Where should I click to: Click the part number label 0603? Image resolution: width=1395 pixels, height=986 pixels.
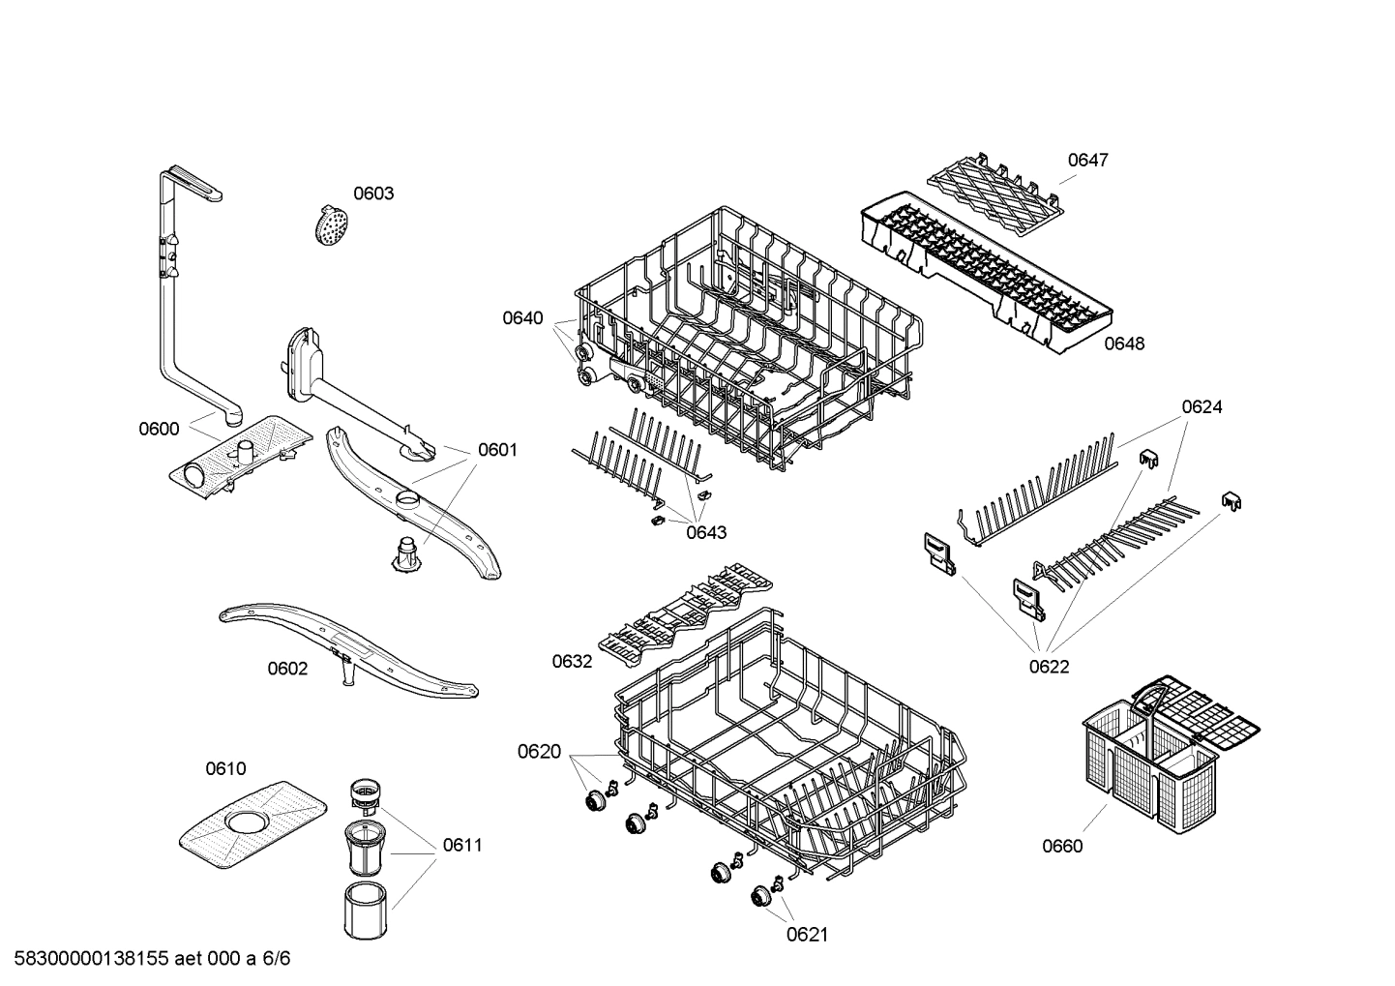pyautogui.click(x=372, y=194)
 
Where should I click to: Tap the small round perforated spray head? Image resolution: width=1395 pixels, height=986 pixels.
pyautogui.click(x=331, y=224)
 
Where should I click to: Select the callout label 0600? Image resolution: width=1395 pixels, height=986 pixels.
pyautogui.click(x=159, y=429)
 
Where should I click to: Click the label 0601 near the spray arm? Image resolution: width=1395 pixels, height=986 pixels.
pyautogui.click(x=497, y=450)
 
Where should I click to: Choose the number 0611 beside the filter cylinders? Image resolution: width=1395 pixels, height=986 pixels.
pyautogui.click(x=462, y=845)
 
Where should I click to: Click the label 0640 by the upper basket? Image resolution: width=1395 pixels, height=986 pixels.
pyautogui.click(x=522, y=318)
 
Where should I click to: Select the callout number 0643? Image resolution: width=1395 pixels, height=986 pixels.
pyautogui.click(x=706, y=532)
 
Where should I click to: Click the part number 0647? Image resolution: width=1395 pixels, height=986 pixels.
pyautogui.click(x=1087, y=160)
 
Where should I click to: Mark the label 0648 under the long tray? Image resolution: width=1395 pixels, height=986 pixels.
pyautogui.click(x=1124, y=344)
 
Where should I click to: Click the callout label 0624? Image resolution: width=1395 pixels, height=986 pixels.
pyautogui.click(x=1202, y=407)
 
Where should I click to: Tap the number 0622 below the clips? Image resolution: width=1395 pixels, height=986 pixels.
pyautogui.click(x=1049, y=666)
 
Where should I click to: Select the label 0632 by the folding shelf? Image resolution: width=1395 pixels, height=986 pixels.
pyautogui.click(x=572, y=661)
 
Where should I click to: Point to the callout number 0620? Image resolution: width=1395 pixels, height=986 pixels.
pyautogui.click(x=539, y=752)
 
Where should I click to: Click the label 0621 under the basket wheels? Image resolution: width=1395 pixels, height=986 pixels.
pyautogui.click(x=807, y=934)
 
